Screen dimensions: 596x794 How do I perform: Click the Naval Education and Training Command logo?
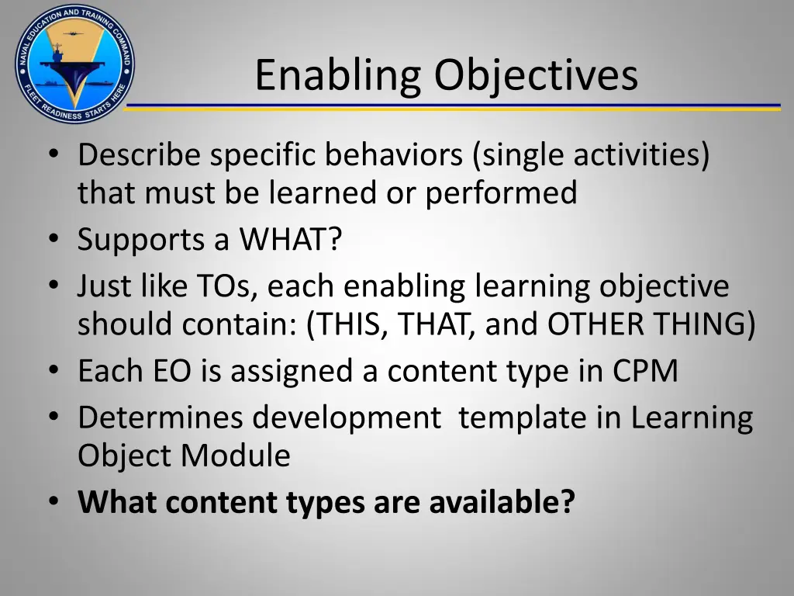[74, 64]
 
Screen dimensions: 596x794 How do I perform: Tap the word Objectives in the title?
[536, 77]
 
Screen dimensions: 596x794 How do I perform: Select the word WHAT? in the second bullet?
[290, 240]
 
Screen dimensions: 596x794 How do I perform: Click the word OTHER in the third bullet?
[595, 324]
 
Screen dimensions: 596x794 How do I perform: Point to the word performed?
[501, 193]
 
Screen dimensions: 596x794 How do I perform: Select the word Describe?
[140, 155]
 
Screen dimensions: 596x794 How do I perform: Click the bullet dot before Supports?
[53, 240]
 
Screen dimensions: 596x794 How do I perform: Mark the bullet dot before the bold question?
[53, 502]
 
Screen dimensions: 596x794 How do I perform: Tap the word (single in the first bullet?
[520, 155]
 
